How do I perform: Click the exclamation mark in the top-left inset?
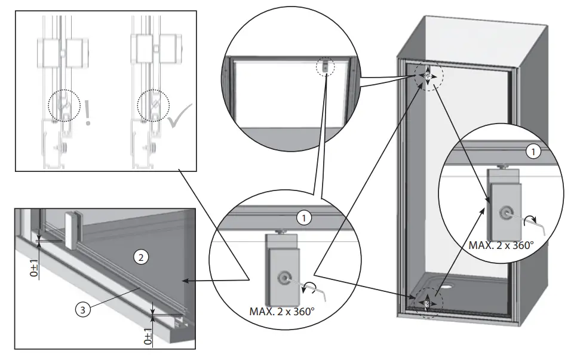click(88, 113)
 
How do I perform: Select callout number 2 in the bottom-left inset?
click(140, 258)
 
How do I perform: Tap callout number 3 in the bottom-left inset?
click(85, 310)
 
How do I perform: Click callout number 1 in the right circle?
click(532, 152)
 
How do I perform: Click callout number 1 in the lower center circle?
click(304, 218)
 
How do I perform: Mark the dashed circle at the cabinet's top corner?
click(429, 76)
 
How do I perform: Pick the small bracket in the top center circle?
click(324, 66)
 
